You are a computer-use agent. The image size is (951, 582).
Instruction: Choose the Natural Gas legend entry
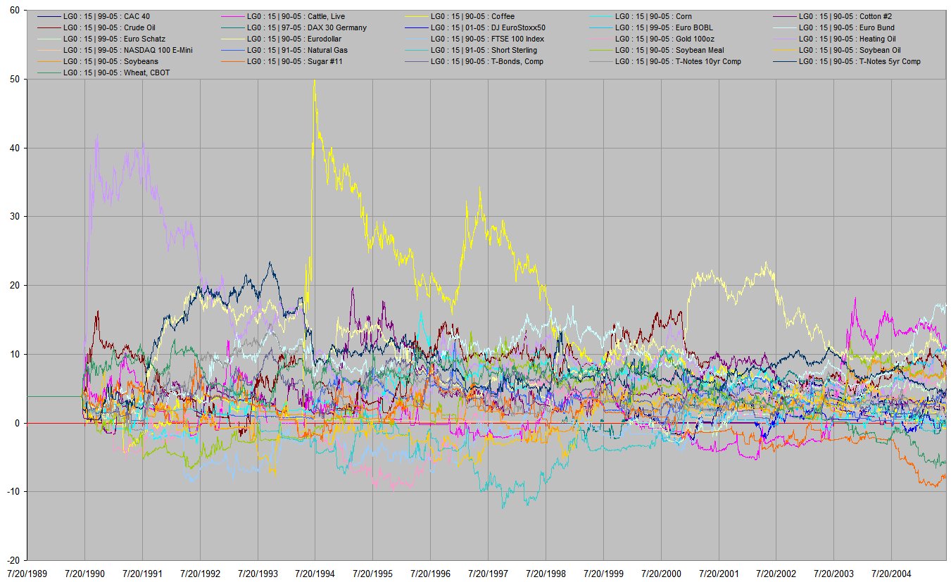tap(310, 50)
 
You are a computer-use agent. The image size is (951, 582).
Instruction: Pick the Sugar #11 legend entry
tap(307, 61)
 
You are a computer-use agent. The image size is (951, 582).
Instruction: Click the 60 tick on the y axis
tap(14, 11)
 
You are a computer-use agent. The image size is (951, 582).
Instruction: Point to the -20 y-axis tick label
tap(13, 559)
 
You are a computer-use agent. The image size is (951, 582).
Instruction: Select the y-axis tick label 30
tap(14, 217)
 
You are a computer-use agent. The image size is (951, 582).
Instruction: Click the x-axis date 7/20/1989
tap(27, 574)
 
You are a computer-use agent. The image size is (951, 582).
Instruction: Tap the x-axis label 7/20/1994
tap(315, 574)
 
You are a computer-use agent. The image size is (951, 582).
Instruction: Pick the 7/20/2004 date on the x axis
tap(891, 574)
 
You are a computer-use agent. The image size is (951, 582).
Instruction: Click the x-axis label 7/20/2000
tap(661, 574)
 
